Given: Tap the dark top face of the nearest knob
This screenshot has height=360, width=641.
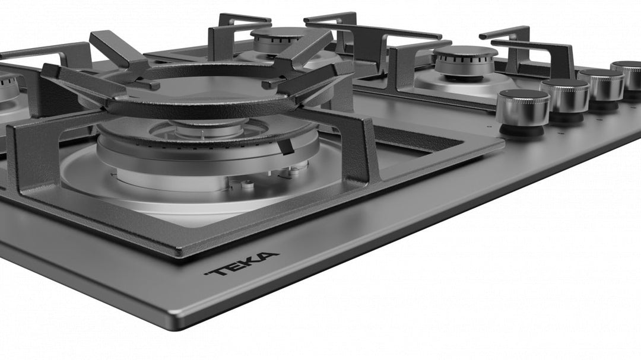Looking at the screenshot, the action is click(x=523, y=94).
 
